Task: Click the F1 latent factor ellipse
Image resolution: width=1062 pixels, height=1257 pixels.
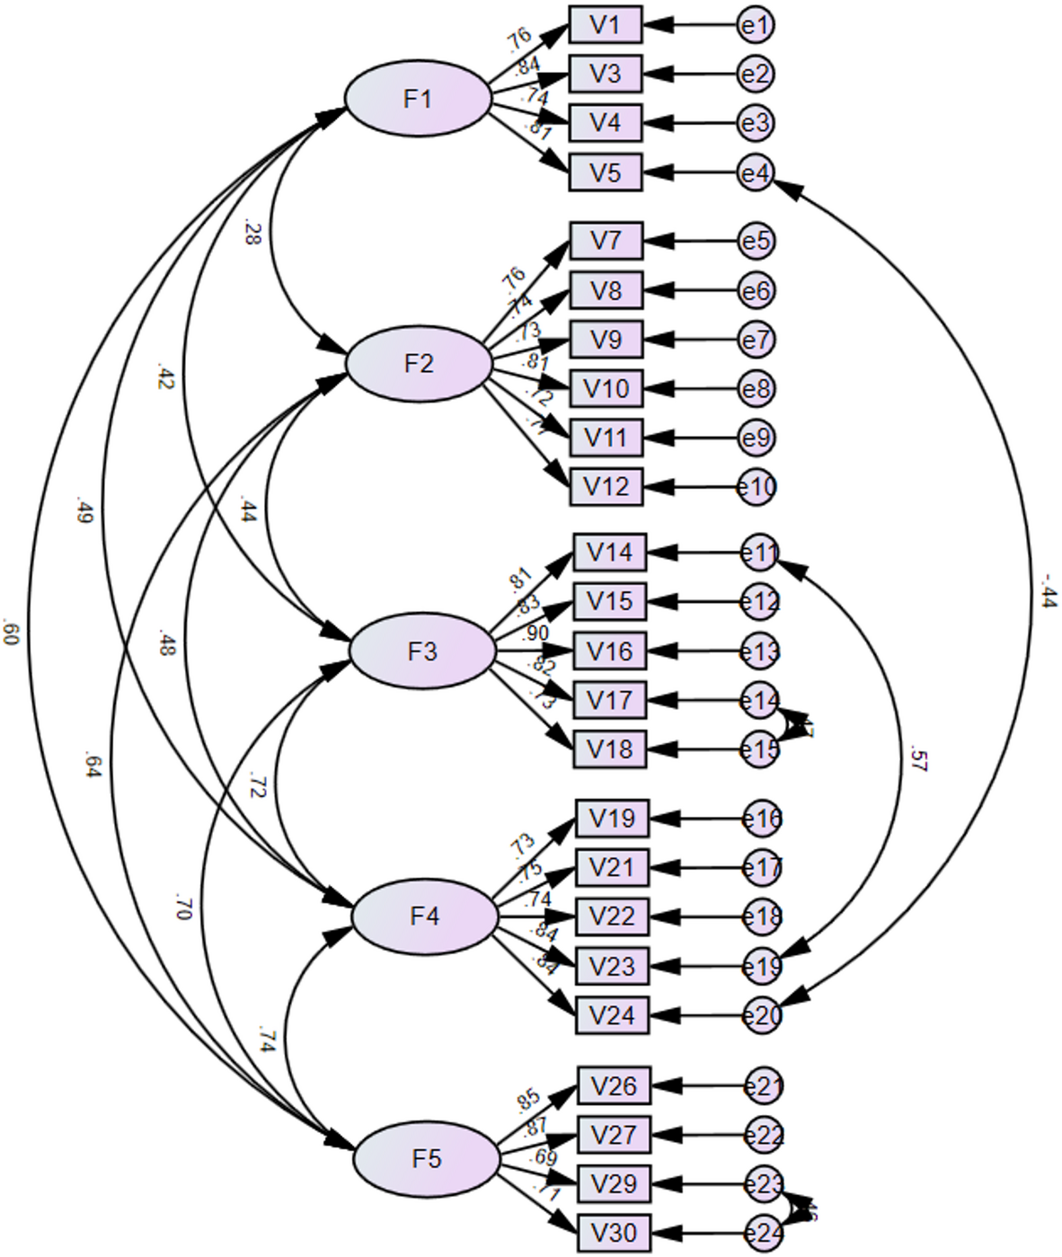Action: [x=418, y=98]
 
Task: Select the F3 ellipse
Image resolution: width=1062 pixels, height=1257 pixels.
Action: [x=421, y=651]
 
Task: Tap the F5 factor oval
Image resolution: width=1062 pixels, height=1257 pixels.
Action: [x=426, y=1158]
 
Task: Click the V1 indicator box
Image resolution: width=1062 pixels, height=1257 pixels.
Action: [x=605, y=24]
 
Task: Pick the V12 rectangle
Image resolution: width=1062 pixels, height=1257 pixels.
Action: [x=606, y=487]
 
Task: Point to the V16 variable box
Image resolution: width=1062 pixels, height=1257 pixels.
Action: [x=609, y=651]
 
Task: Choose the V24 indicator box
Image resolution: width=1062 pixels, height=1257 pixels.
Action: [x=611, y=1015]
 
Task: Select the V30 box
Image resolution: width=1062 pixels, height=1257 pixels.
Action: [x=614, y=1233]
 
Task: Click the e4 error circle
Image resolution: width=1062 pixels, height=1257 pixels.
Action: [x=756, y=172]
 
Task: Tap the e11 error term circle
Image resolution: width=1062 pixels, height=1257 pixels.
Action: [x=760, y=553]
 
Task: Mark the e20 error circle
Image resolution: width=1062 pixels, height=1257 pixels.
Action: [x=763, y=1015]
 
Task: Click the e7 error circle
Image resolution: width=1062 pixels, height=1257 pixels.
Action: [x=756, y=340]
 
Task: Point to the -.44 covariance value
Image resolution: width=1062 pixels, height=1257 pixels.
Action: [x=1048, y=589]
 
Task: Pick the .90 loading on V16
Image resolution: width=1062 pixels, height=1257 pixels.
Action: [x=536, y=634]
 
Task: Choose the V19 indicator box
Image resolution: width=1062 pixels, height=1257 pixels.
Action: [x=611, y=819]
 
